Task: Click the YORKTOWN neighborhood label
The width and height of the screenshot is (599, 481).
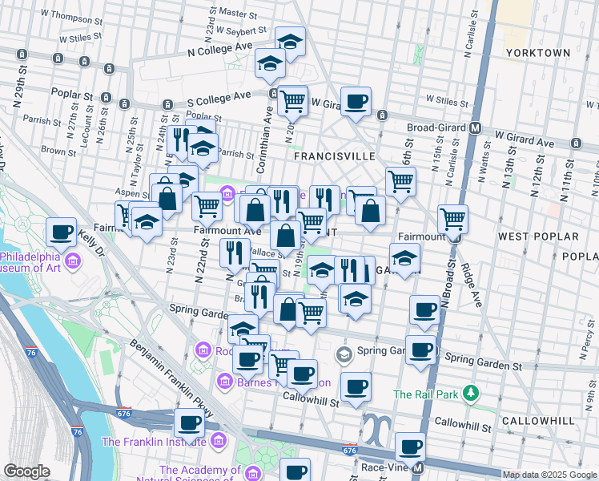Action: point(538,53)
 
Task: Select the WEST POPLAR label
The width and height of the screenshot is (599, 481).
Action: point(538,237)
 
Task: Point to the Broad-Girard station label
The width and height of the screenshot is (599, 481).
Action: point(430,127)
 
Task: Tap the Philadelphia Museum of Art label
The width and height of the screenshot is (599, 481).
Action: point(32,262)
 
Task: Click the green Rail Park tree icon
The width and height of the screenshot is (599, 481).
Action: point(472,394)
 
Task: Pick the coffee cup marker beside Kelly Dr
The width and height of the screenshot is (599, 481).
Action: point(61,232)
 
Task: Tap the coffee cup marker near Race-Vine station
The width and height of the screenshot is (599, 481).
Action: point(411,445)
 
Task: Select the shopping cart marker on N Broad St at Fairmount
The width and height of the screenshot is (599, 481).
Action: point(452,217)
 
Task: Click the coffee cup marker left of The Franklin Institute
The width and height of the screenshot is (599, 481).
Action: point(189,421)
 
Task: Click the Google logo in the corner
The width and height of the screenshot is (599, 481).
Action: point(26,471)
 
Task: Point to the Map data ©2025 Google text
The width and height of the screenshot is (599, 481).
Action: point(549,475)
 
